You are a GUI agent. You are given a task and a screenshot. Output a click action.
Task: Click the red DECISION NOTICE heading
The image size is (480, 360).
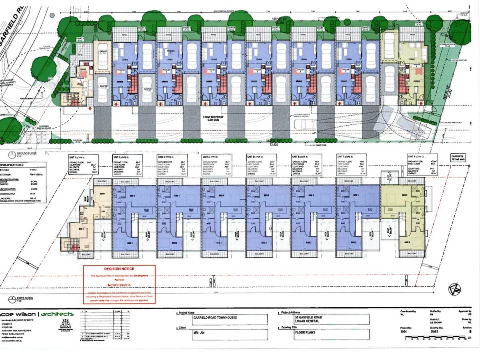click(x=119, y=269)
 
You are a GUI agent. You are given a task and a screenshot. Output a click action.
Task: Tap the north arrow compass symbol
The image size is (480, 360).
click(x=454, y=289)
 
